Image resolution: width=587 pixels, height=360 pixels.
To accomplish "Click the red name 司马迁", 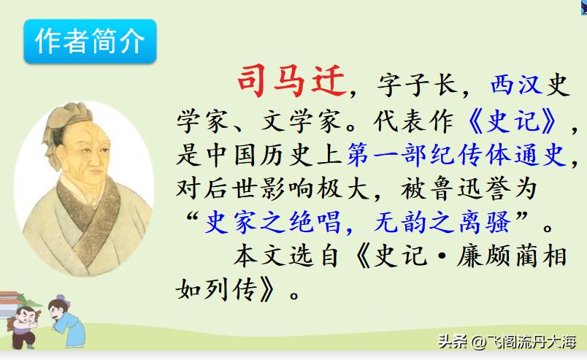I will [290, 82].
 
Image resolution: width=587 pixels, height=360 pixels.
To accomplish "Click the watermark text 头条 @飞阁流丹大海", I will [507, 341].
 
